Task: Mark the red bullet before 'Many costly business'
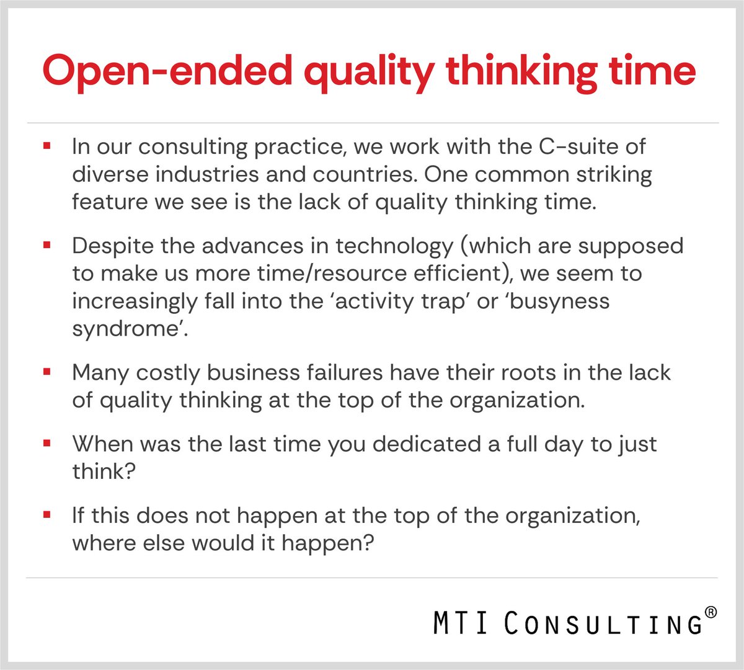46,372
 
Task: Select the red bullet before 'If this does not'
46,516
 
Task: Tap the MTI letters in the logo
459,623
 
